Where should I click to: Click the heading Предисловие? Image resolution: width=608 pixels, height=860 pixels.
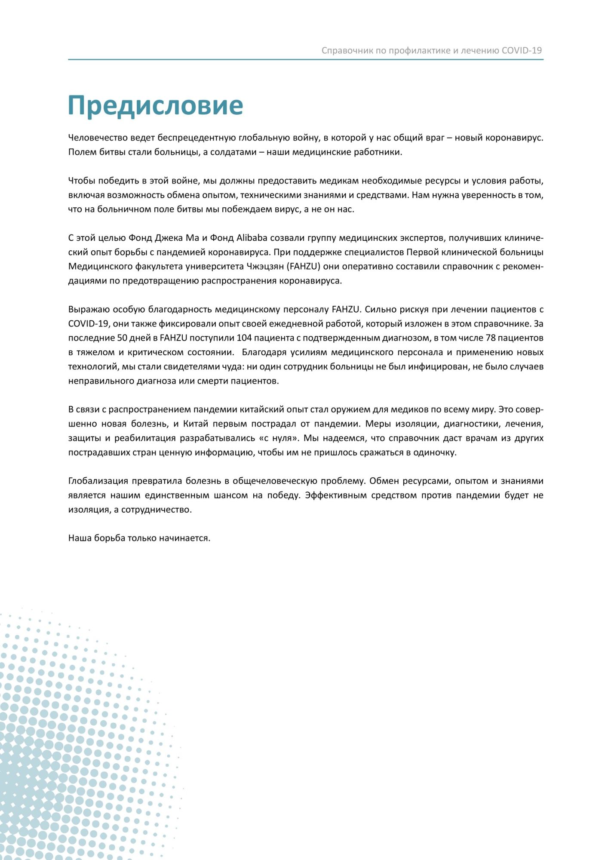pyautogui.click(x=155, y=105)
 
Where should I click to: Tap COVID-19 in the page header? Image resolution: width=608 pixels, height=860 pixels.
pyautogui.click(x=522, y=50)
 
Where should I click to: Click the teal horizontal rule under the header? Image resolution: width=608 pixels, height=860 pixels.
pyautogui.click(x=305, y=59)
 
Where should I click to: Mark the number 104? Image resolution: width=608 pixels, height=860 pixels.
pyautogui.click(x=244, y=338)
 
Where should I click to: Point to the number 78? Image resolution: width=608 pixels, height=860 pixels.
pyautogui.click(x=491, y=338)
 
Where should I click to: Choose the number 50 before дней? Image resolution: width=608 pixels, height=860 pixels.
pyautogui.click(x=123, y=338)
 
